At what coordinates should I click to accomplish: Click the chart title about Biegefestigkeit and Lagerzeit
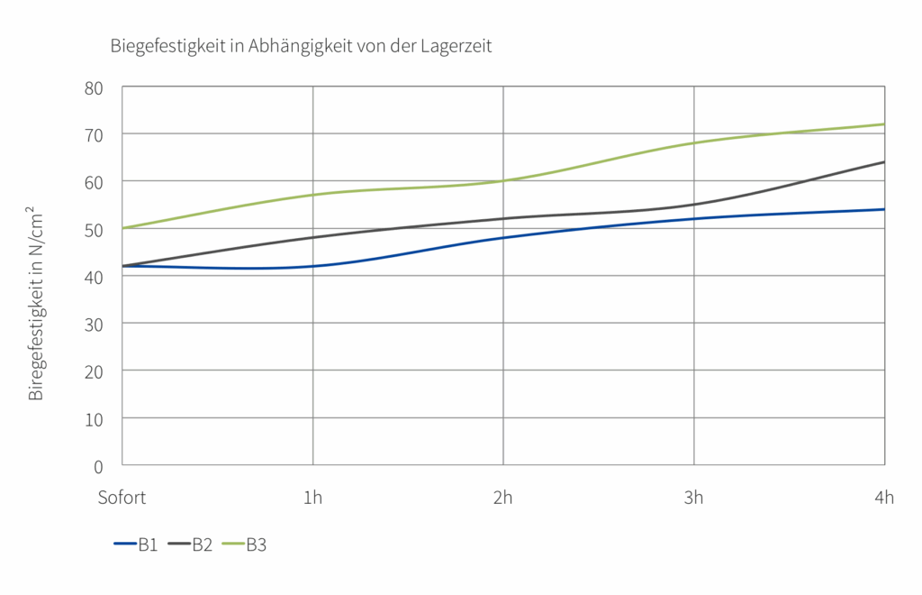301,46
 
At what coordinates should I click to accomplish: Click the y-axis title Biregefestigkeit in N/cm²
36,303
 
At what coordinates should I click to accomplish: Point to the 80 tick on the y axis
94,87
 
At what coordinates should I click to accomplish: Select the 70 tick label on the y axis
94,134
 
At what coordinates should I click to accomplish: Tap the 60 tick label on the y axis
94,181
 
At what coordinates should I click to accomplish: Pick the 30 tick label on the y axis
94,323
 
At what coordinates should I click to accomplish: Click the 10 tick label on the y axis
94,418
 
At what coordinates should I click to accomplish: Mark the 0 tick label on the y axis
99,465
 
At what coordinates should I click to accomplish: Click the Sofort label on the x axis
122,498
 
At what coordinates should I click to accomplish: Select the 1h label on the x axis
312,498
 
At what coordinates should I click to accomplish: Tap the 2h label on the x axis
503,498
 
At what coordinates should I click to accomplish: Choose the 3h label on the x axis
693,498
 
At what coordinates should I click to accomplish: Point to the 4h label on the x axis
883,498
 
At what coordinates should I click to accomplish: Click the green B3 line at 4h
883,124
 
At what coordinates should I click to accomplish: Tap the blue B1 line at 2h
503,237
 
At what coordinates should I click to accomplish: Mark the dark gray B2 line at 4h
883,162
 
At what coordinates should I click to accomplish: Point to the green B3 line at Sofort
124,228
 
